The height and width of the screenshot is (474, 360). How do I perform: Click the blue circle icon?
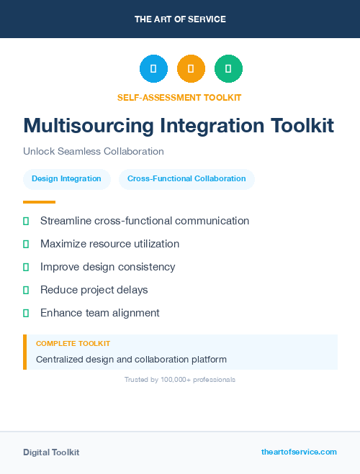153,69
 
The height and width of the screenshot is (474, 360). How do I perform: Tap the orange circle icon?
191,69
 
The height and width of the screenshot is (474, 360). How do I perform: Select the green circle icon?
228,69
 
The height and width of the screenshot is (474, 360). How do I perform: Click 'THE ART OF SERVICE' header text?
180,19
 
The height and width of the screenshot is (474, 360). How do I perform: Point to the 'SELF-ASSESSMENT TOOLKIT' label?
179,97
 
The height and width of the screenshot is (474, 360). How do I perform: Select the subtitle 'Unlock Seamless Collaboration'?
94,151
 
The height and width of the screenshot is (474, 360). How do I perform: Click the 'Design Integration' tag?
67,178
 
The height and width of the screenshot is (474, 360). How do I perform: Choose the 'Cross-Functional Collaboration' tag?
186,178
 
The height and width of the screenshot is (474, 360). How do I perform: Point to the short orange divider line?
39,202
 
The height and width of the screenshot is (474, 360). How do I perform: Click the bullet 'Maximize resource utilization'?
109,244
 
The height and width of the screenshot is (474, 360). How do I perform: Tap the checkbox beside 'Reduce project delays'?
26,290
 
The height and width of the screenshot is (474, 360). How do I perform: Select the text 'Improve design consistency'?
107,267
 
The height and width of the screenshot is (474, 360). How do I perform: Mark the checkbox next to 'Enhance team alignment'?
26,313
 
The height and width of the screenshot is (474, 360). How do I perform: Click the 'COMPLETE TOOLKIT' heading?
73,344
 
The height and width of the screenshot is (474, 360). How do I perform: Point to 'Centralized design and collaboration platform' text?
131,359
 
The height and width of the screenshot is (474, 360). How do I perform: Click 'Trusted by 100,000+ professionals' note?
180,379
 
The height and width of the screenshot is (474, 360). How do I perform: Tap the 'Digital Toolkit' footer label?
51,452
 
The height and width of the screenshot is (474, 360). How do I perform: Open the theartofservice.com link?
299,452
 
